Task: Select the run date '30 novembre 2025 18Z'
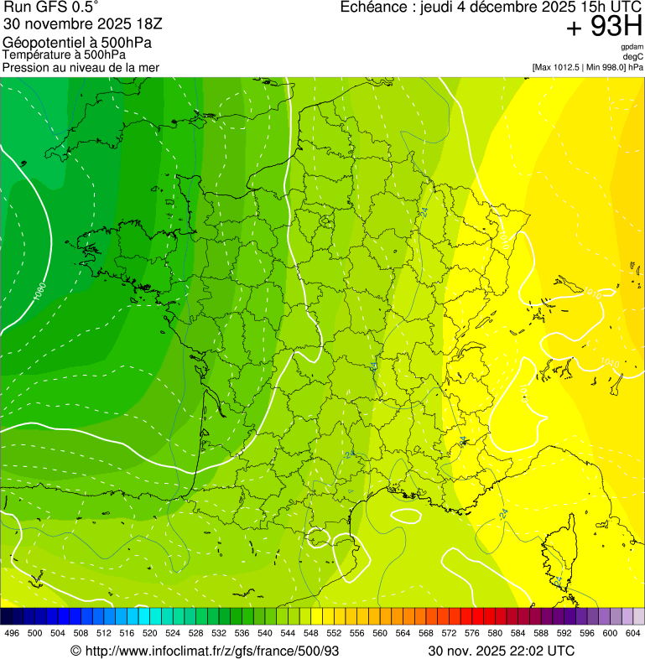[x=87, y=24]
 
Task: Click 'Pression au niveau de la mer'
[x=81, y=68]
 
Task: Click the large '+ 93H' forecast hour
[x=604, y=28]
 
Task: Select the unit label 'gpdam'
[x=632, y=47]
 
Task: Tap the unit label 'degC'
[x=633, y=57]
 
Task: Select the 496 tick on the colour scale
[x=12, y=633]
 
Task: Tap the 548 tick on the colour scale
[x=310, y=633]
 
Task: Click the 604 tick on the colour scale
[x=632, y=633]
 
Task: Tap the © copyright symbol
[x=75, y=651]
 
